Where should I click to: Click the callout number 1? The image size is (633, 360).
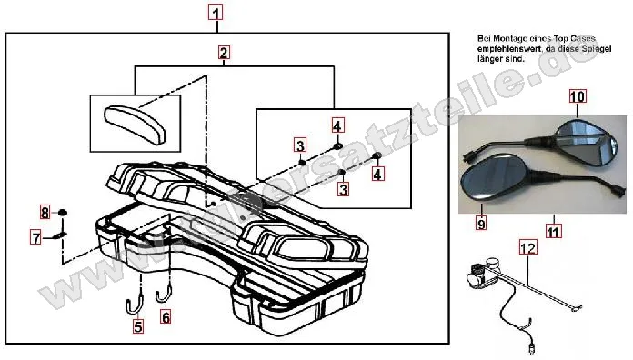coord(215,13)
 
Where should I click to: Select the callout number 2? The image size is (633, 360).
coord(223,53)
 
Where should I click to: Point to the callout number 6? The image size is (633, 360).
coord(165,317)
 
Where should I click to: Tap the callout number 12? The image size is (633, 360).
coord(528,245)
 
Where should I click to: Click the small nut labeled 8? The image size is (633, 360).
coord(64,212)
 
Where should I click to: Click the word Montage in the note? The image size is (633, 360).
coord(502,37)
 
